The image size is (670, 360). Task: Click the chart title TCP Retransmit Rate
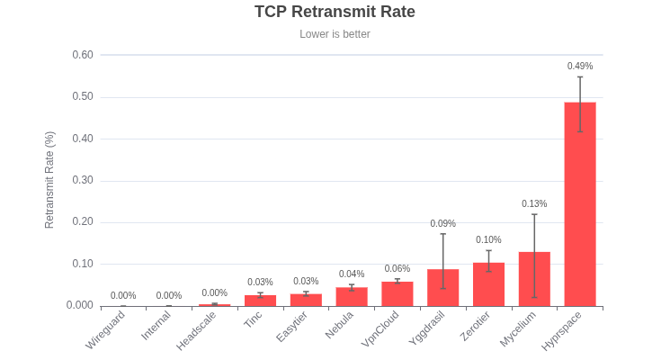[335, 12]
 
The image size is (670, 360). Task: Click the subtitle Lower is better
[335, 34]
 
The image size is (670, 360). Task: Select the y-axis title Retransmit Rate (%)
[49, 180]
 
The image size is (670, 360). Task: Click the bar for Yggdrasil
[442, 288]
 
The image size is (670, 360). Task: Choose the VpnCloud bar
[398, 294]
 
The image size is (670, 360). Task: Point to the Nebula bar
[352, 297]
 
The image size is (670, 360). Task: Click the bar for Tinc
[260, 301]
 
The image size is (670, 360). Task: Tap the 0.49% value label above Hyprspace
[580, 66]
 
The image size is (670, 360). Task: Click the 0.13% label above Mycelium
[534, 203]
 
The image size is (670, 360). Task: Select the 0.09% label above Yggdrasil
[442, 223]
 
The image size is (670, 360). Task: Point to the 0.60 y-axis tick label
[83, 55]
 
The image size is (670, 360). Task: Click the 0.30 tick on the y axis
[83, 180]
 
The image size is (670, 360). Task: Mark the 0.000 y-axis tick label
[80, 305]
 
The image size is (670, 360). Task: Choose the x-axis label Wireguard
[106, 330]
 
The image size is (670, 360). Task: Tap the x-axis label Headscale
[197, 330]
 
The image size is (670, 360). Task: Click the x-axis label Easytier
[292, 327]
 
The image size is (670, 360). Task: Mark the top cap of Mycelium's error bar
[534, 214]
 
